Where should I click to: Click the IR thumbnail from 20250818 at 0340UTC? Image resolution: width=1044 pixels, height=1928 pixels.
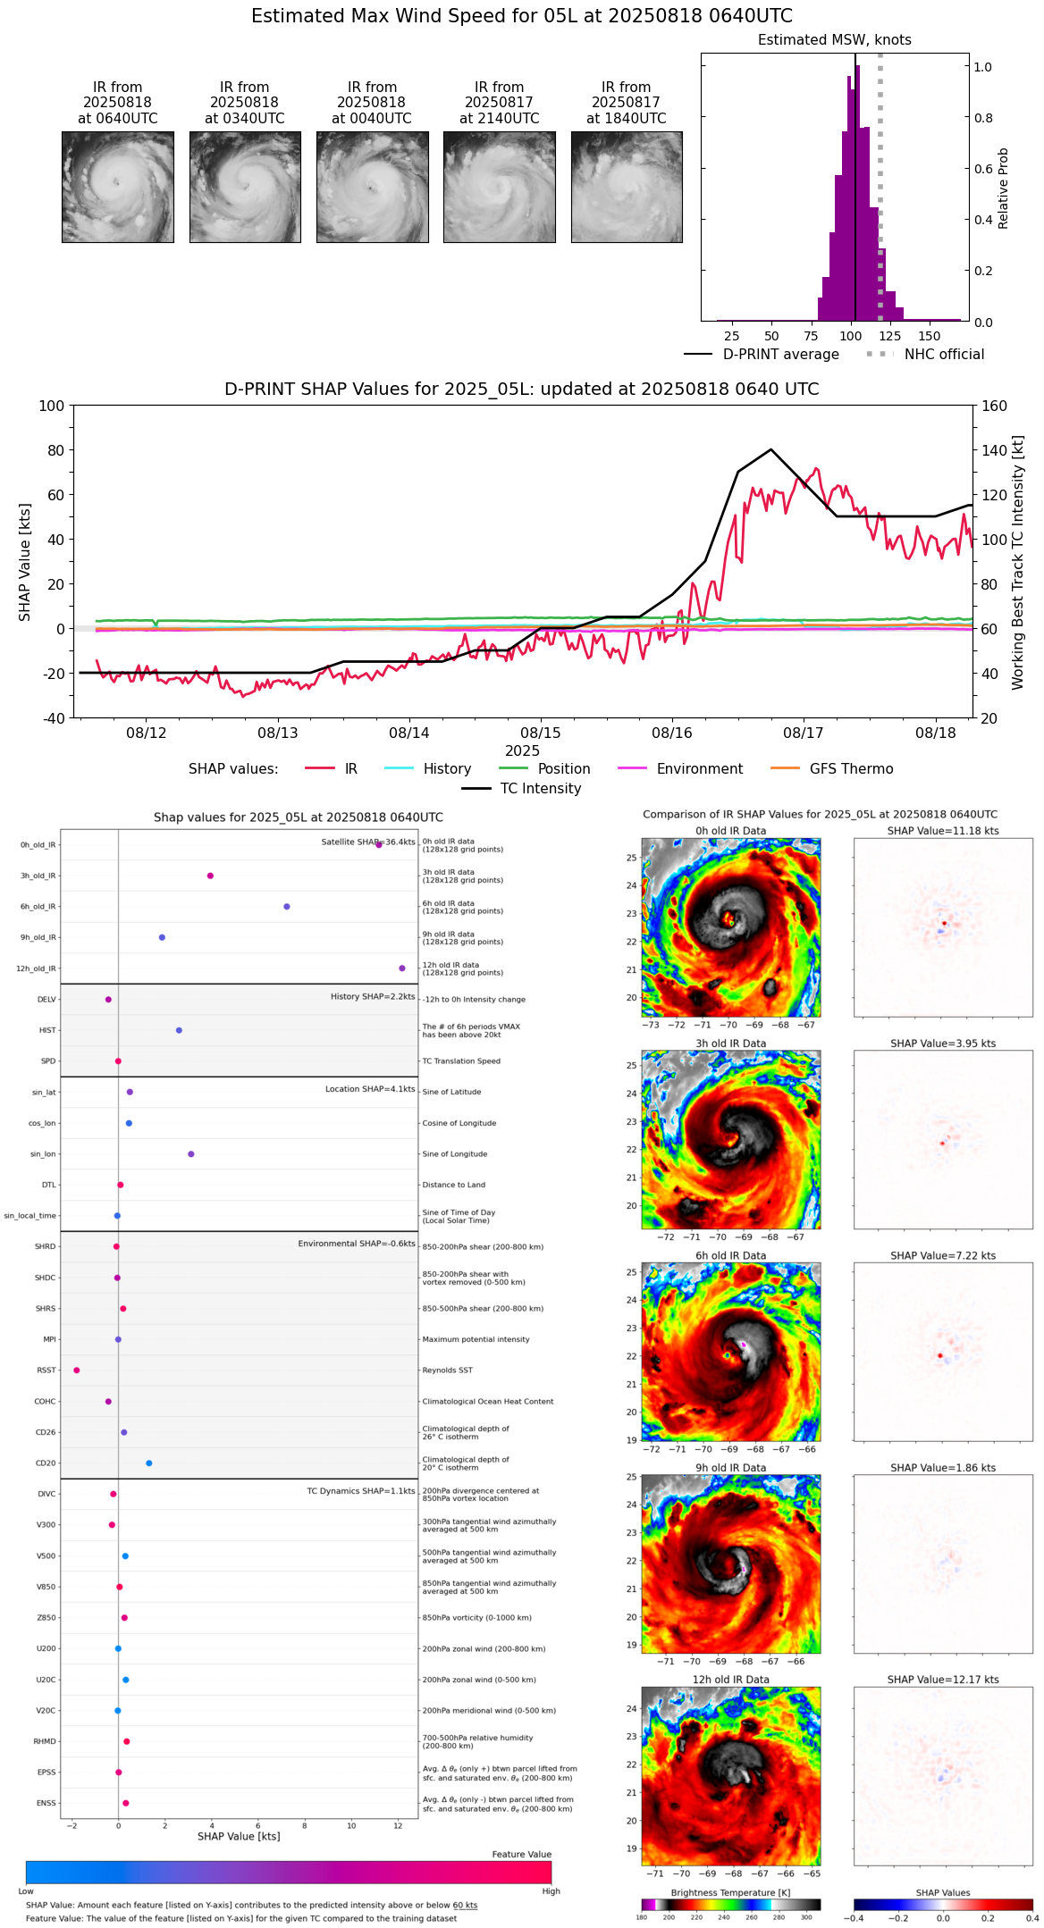pyautogui.click(x=245, y=187)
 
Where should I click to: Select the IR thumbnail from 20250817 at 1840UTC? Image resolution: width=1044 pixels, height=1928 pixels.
pyautogui.click(x=627, y=187)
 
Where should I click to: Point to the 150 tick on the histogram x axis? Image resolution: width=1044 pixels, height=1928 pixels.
pyautogui.click(x=930, y=336)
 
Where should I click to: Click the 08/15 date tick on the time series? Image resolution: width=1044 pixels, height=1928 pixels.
pyautogui.click(x=541, y=733)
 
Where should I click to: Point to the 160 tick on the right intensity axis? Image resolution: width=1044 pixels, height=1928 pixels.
pyautogui.click(x=995, y=406)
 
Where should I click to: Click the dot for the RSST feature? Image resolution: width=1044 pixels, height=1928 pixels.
pyautogui.click(x=77, y=1371)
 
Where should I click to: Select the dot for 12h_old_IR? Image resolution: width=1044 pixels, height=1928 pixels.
pyautogui.click(x=402, y=968)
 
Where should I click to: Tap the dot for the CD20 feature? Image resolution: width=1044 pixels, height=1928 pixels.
pyautogui.click(x=149, y=1463)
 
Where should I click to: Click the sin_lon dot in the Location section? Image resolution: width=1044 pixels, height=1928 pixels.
pyautogui.click(x=191, y=1154)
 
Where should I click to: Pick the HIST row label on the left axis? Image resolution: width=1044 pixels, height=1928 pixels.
pyautogui.click(x=47, y=1030)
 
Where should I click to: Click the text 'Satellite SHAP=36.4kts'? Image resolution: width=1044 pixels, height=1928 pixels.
pyautogui.click(x=367, y=842)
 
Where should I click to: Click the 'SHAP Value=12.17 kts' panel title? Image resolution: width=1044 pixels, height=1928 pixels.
pyautogui.click(x=943, y=1680)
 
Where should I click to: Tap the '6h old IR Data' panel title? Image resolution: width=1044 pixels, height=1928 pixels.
pyautogui.click(x=730, y=1255)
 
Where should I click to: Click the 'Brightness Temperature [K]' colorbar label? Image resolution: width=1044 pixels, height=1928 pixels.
pyautogui.click(x=730, y=1892)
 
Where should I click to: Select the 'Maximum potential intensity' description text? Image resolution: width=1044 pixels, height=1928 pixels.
pyautogui.click(x=476, y=1339)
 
